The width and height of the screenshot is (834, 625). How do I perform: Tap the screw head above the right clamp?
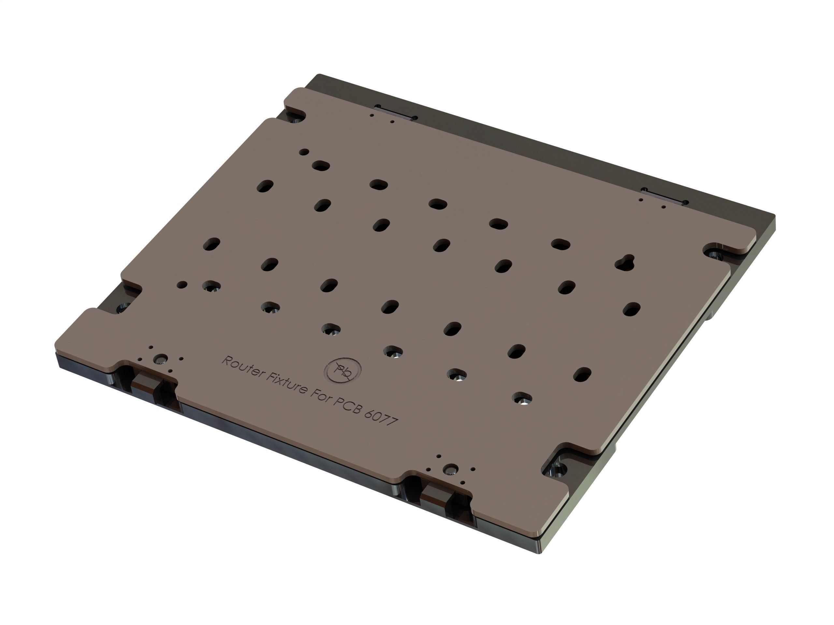point(451,469)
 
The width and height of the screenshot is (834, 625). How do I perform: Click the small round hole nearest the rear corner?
point(304,152)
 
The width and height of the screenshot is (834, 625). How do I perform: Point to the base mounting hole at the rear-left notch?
point(295,119)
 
